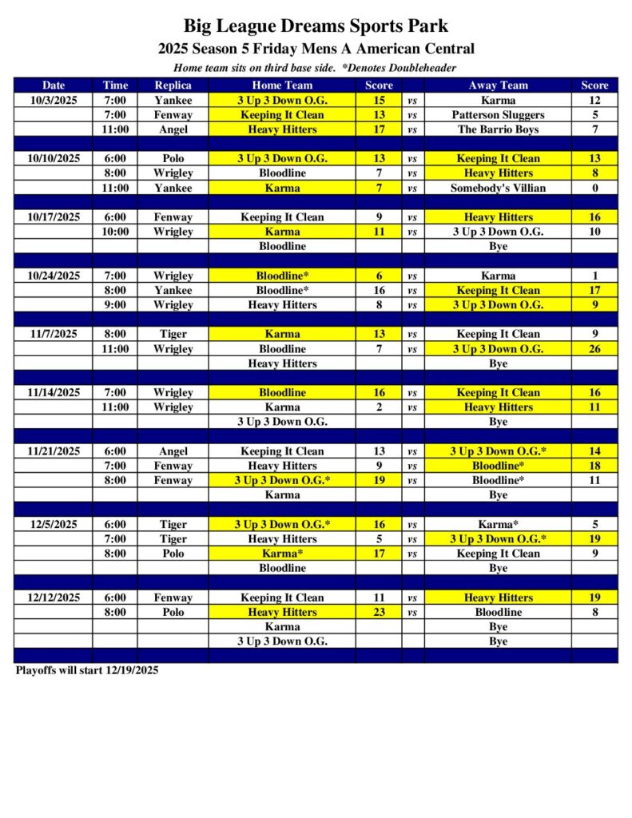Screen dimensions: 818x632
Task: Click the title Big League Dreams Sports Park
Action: pos(316,27)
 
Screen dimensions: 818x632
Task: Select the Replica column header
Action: pos(173,85)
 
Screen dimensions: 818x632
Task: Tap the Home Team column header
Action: pos(282,85)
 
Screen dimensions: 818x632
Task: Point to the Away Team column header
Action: pos(498,85)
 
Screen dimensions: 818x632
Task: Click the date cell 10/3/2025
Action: pos(54,101)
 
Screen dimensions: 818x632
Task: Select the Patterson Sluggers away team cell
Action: pos(498,115)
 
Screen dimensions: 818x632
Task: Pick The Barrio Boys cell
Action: pos(498,129)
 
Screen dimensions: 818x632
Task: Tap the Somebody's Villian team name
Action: pos(498,188)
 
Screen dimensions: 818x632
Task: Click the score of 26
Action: pos(594,349)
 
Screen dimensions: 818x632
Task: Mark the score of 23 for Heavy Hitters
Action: pos(379,612)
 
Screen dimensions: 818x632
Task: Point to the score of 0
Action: pos(594,188)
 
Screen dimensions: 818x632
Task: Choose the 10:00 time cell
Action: pos(115,232)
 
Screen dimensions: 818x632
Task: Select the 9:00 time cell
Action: pos(115,305)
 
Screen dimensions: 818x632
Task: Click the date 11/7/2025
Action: pos(54,334)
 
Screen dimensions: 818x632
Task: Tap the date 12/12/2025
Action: pos(54,598)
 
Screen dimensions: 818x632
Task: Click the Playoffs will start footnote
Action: pos(87,671)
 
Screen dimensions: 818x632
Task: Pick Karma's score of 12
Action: pos(594,101)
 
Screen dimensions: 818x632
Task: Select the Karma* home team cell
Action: pos(282,554)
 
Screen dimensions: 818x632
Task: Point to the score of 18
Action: pos(594,466)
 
